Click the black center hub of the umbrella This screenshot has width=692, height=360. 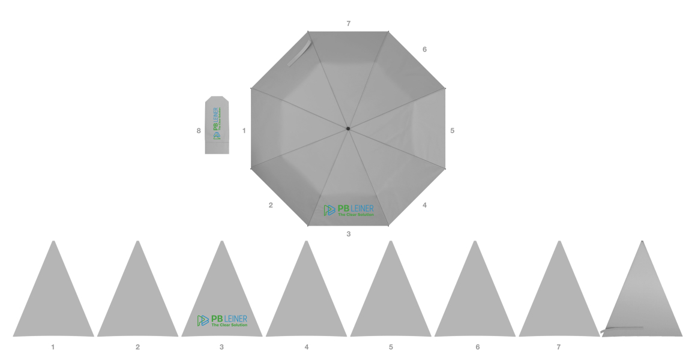[x=348, y=128]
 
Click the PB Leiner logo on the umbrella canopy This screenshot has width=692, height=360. [x=349, y=211]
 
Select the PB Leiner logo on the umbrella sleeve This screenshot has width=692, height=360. [x=217, y=124]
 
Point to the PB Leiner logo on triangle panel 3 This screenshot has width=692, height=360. [x=223, y=321]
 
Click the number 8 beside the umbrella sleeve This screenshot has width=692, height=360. [x=199, y=131]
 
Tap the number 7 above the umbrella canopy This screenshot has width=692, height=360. [x=349, y=23]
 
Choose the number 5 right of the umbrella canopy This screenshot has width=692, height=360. [x=453, y=131]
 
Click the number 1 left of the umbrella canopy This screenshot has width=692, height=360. [x=244, y=131]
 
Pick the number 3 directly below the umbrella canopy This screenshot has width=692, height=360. [x=349, y=234]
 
